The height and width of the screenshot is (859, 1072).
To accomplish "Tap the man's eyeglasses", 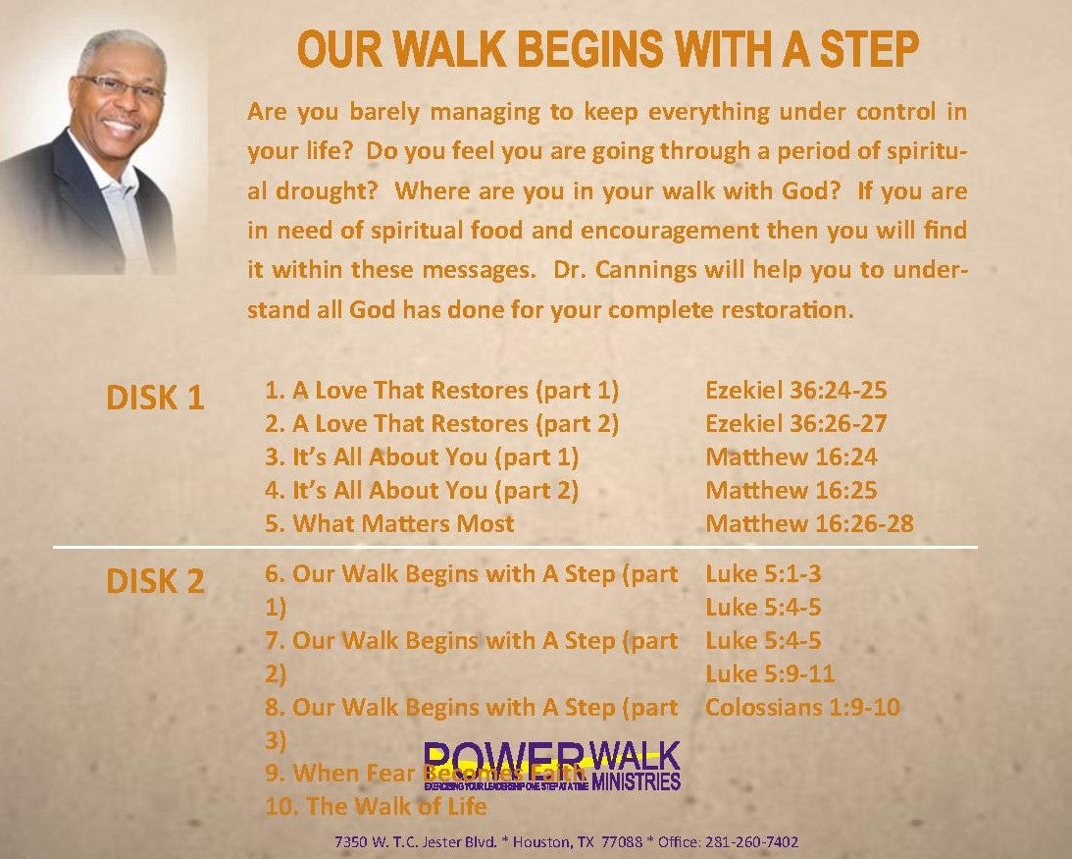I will click(121, 86).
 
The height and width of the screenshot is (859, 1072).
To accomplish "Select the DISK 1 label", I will click(155, 398).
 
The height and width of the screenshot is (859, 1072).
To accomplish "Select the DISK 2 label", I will click(155, 581).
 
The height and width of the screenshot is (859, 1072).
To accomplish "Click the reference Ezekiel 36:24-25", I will click(795, 390).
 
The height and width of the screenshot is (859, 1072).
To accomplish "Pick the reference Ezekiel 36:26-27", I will click(795, 423).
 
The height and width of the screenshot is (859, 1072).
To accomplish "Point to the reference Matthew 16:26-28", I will click(809, 523).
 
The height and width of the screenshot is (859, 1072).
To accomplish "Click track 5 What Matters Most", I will click(389, 523).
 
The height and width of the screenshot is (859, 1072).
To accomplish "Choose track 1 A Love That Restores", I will click(441, 390).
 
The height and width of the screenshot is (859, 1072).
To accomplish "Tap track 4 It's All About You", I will click(422, 490).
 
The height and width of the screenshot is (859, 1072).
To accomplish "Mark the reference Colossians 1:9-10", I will click(802, 707).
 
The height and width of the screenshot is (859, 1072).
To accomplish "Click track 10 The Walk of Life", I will click(376, 807).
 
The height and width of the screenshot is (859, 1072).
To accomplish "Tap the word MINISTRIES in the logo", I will click(636, 782).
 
